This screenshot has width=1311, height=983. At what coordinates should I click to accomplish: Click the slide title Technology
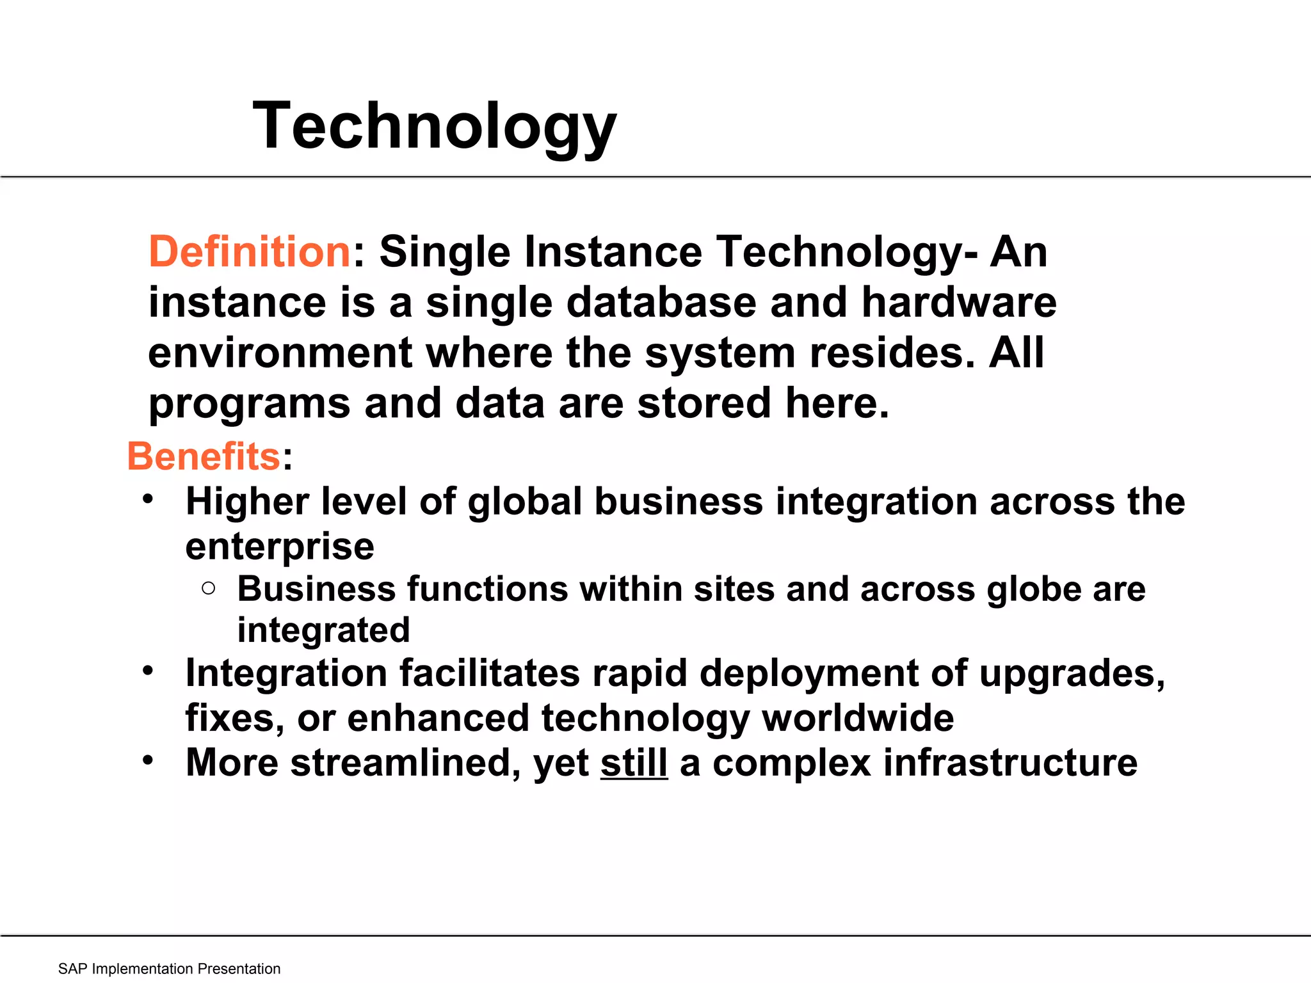[x=434, y=126]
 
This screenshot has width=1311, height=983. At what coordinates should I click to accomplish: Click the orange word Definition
[x=249, y=252]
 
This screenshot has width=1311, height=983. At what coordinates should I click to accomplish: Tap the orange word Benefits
[x=204, y=456]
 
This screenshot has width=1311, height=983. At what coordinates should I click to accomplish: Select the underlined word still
[x=634, y=763]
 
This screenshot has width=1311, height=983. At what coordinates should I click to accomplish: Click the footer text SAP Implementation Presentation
[x=169, y=969]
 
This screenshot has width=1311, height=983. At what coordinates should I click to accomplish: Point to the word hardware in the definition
[x=958, y=302]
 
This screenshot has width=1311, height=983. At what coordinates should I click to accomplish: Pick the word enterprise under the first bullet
[x=280, y=547]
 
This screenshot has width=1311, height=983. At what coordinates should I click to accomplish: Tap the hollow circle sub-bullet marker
[x=208, y=589]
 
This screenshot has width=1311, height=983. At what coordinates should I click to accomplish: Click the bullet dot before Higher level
[x=149, y=499]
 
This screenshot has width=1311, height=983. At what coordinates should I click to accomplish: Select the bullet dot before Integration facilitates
[x=149, y=671]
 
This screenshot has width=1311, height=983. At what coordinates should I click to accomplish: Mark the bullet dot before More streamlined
[x=149, y=760]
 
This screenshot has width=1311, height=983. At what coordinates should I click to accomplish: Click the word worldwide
[x=858, y=718]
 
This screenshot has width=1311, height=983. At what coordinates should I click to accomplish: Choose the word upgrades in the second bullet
[x=1071, y=674]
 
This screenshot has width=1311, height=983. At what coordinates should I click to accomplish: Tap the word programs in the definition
[x=249, y=404]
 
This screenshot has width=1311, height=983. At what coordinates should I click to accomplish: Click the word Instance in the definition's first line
[x=613, y=252]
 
